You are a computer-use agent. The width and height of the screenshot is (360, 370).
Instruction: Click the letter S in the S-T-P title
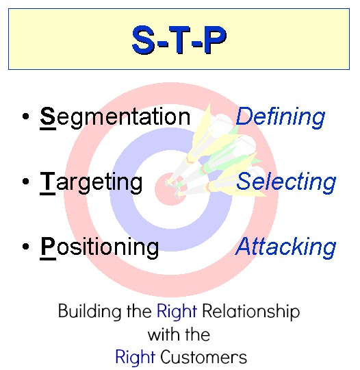click(146, 40)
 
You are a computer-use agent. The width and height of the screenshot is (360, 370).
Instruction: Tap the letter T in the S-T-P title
click(180, 40)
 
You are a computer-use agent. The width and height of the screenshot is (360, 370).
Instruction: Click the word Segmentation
click(115, 117)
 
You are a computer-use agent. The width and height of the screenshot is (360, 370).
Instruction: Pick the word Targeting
click(92, 182)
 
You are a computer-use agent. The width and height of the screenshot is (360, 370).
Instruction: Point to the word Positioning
click(99, 247)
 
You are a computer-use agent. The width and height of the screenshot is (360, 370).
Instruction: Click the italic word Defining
click(280, 117)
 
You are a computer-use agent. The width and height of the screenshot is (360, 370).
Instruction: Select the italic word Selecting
click(286, 182)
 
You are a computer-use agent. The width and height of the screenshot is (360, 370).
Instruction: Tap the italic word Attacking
click(286, 247)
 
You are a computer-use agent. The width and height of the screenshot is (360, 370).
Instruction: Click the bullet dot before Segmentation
click(25, 118)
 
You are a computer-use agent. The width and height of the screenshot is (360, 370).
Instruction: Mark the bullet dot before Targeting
click(25, 182)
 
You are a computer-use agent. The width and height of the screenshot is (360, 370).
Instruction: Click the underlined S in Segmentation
click(47, 116)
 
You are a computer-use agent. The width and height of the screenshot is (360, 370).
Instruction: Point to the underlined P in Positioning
click(47, 246)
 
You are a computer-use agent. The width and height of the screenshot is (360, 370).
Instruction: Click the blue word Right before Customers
click(129, 357)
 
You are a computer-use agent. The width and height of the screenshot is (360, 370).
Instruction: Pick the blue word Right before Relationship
click(177, 312)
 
